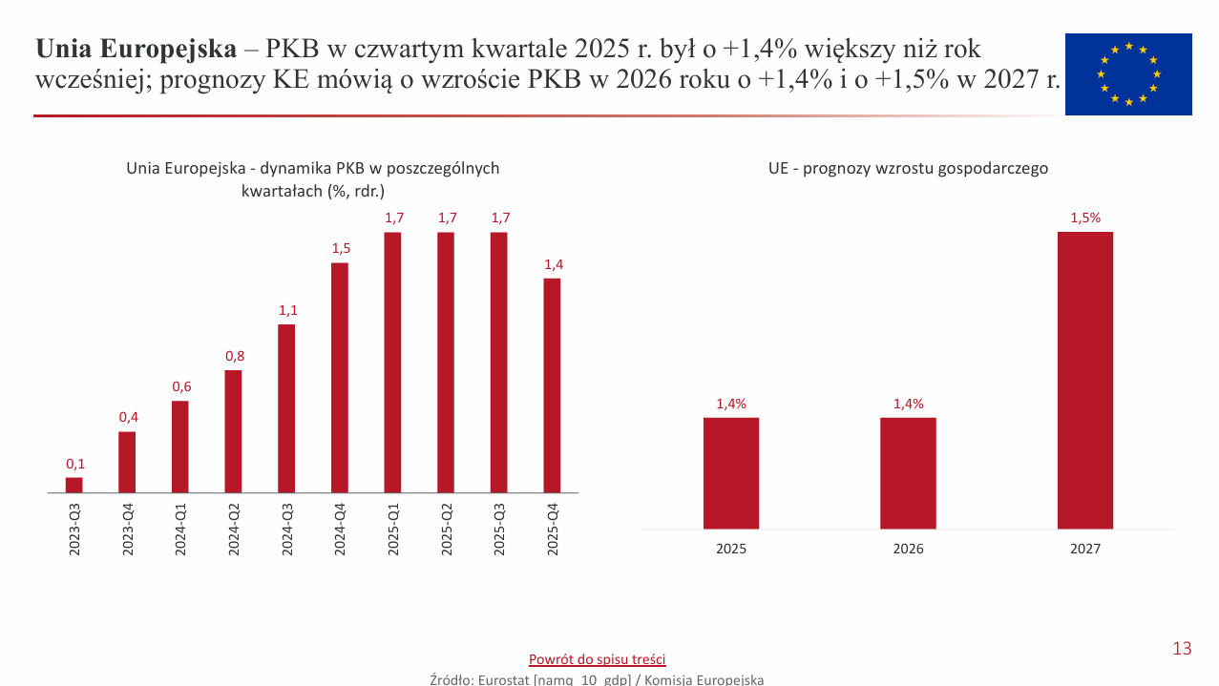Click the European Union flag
(1128, 74)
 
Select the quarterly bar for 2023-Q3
(74, 485)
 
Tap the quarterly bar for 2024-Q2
(233, 431)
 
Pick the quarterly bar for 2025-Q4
(552, 385)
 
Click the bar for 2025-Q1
(392, 363)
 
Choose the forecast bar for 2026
(908, 472)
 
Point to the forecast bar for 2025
(731, 472)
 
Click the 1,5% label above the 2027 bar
(1085, 218)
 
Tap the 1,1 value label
(288, 310)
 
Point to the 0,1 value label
(75, 464)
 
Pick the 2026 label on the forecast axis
(908, 549)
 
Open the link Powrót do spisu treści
(597, 659)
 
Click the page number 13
(1182, 649)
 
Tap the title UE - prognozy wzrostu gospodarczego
(908, 169)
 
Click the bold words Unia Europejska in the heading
(136, 49)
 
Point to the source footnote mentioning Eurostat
(597, 679)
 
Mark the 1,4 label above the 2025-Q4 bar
(554, 264)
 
